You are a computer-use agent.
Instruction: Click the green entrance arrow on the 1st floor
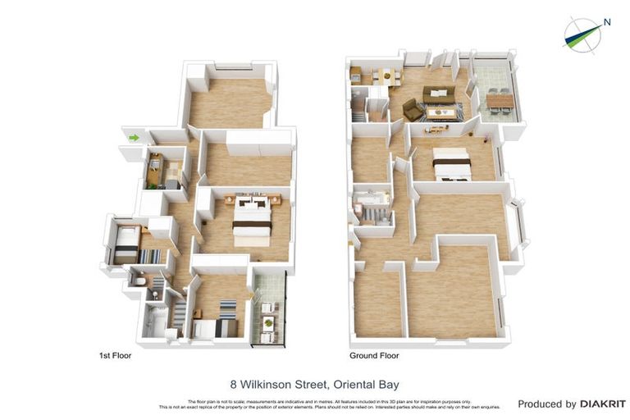click(132, 137)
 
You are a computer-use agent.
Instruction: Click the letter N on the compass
click(607, 22)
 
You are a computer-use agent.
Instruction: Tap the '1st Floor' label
click(115, 356)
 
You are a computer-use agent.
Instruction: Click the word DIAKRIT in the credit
click(603, 404)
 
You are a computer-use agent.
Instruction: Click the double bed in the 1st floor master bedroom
click(252, 220)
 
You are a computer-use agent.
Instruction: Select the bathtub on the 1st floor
click(154, 322)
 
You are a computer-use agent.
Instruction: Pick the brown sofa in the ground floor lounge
click(438, 94)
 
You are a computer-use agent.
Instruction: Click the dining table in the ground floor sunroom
click(500, 101)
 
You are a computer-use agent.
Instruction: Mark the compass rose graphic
click(584, 34)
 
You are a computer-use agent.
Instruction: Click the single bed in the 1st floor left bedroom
click(126, 244)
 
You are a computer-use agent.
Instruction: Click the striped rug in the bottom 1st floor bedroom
click(228, 309)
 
